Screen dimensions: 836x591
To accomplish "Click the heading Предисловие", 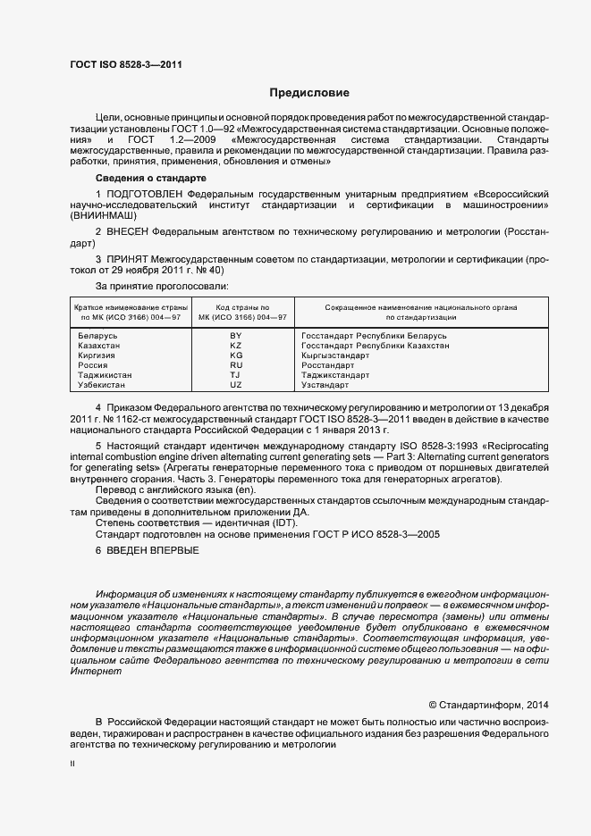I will (x=310, y=93).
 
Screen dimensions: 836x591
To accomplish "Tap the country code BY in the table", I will (x=236, y=336).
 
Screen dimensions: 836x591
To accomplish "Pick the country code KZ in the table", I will (x=236, y=346).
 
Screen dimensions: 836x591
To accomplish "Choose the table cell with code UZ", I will (x=236, y=385).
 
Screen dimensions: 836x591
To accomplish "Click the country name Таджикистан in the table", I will (x=105, y=375).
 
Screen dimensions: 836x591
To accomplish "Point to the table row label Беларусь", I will (x=98, y=336).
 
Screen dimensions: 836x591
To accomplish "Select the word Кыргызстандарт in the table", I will (x=335, y=355).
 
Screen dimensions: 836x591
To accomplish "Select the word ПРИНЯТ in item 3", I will (x=128, y=259).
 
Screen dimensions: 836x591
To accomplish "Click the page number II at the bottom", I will (x=72, y=765).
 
